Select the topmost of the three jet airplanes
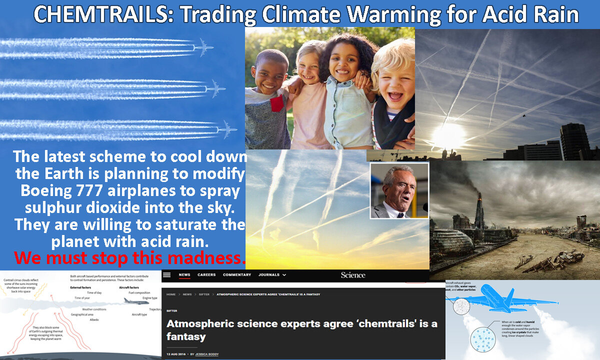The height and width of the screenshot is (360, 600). [x=203, y=48]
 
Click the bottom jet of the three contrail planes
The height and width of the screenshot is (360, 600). [x=226, y=129]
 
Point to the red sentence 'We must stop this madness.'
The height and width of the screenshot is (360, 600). [x=130, y=258]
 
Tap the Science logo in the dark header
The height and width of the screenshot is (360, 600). [x=353, y=275]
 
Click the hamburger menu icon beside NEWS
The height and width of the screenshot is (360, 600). [x=167, y=275]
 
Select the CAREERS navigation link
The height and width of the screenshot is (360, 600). [x=206, y=275]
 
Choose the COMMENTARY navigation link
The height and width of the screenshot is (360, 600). [x=237, y=275]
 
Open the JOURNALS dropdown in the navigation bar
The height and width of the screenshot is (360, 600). [x=272, y=275]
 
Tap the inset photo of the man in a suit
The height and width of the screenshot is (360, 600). [x=399, y=191]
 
